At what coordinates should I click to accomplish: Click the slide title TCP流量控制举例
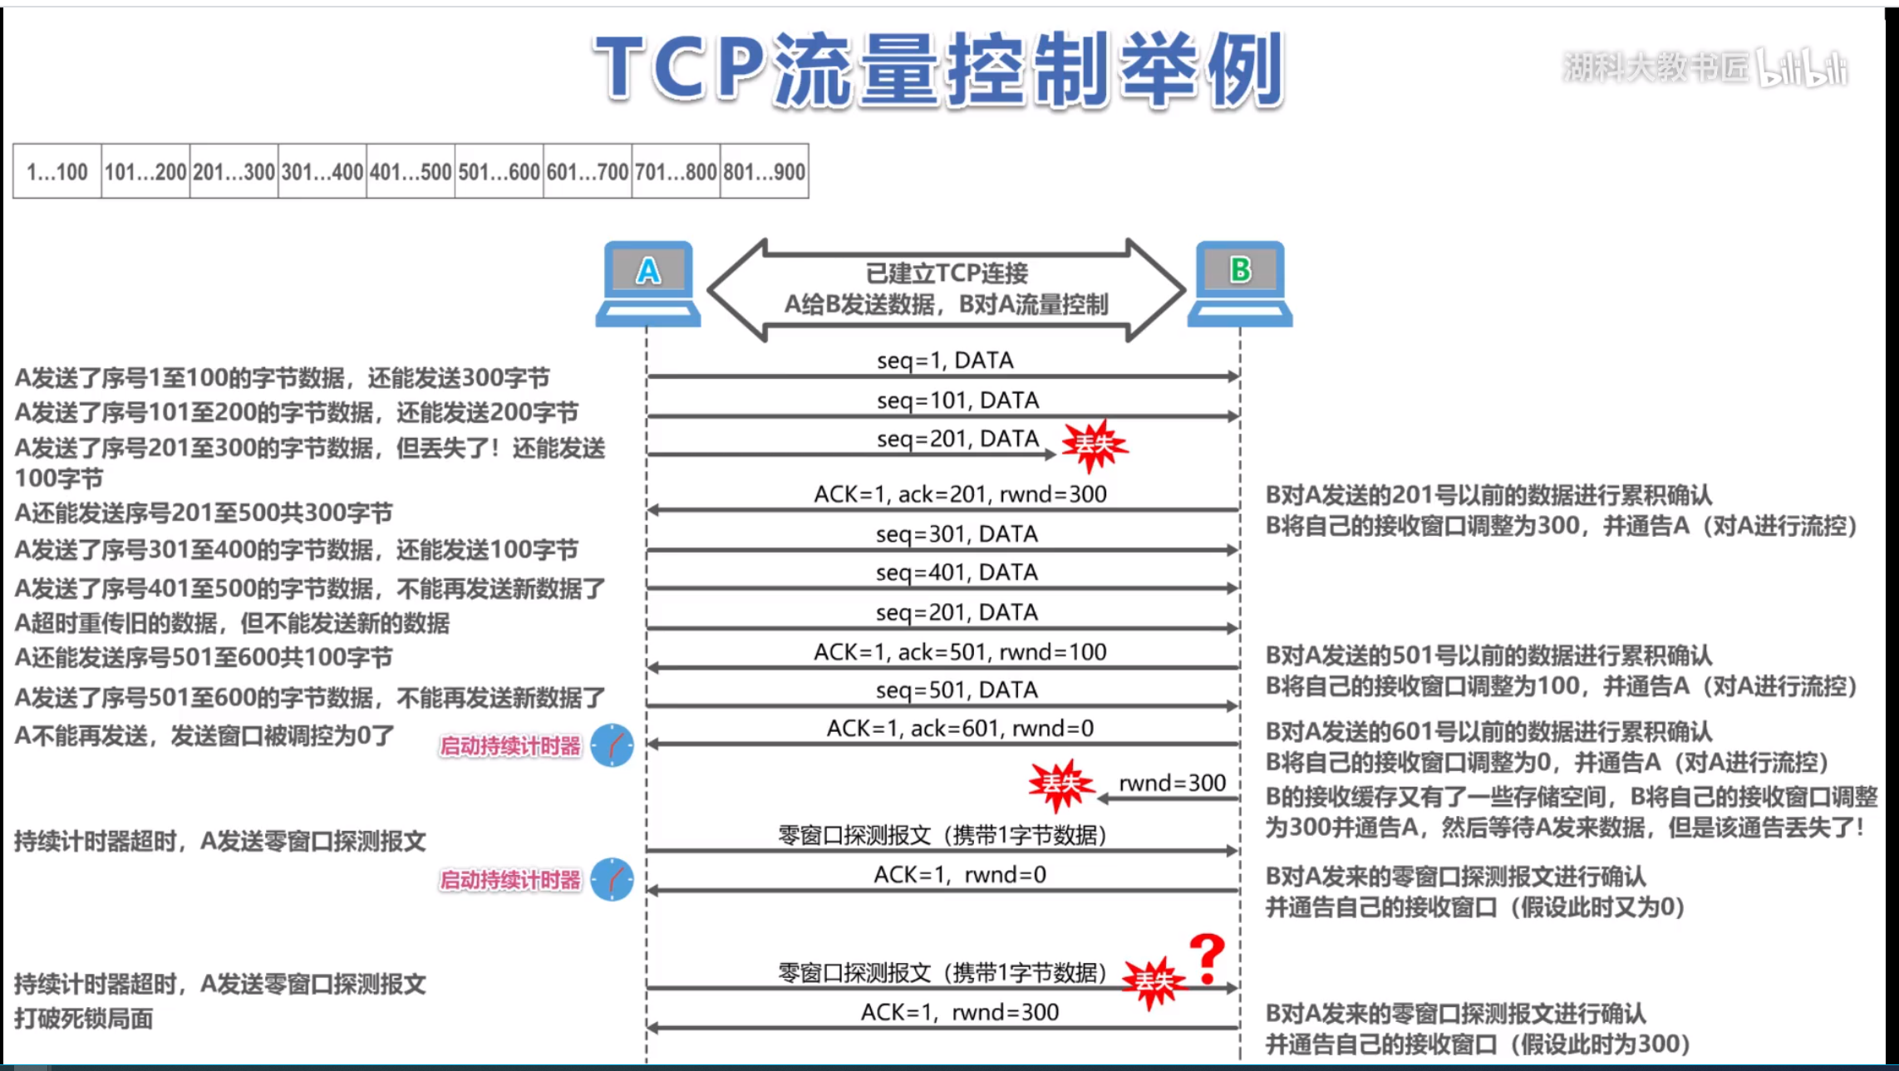coord(939,70)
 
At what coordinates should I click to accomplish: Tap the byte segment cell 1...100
coord(57,172)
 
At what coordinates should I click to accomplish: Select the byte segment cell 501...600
coord(499,172)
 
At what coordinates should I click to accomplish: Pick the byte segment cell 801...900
coord(764,172)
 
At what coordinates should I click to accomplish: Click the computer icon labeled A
coord(648,283)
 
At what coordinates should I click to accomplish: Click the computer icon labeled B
coord(1239,283)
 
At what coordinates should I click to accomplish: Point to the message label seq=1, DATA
coord(945,361)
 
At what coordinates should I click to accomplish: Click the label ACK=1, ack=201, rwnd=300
coord(960,494)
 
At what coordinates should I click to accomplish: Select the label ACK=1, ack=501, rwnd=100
coord(960,652)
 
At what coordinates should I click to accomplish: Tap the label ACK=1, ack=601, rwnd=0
coord(960,729)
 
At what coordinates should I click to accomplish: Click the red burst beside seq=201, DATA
coord(1095,445)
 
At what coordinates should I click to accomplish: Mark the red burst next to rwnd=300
coord(1060,784)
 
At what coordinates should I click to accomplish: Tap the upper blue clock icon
coord(613,745)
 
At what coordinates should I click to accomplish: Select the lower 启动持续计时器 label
coord(509,880)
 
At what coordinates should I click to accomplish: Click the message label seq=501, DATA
coord(957,690)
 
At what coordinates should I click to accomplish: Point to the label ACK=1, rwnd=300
coord(960,1012)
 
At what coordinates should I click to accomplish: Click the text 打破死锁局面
coord(84,1019)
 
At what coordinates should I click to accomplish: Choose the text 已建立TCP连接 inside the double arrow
coord(947,273)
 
